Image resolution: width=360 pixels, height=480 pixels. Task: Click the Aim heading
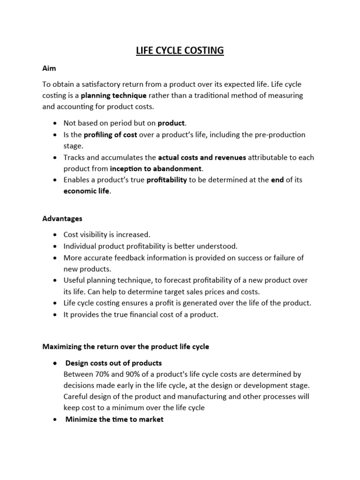coord(49,68)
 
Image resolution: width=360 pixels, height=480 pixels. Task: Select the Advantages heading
coord(62,218)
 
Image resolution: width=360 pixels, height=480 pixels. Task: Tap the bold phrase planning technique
coord(114,95)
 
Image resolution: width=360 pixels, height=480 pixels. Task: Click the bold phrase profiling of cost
coord(111,135)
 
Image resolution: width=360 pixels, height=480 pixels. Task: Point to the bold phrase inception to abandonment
coord(156,168)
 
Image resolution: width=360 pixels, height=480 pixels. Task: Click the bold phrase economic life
coord(87,191)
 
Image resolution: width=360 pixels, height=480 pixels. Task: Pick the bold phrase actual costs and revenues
coord(202,157)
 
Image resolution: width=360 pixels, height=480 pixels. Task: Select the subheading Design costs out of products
coord(113,363)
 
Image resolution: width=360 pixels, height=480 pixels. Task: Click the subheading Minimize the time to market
coord(114,419)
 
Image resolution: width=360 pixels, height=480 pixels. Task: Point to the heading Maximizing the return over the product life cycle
coord(126,346)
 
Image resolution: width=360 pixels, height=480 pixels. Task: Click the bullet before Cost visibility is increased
coord(55,234)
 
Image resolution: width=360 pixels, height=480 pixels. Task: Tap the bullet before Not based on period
coord(55,123)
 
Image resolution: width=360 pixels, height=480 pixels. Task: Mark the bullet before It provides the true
coord(55,315)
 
